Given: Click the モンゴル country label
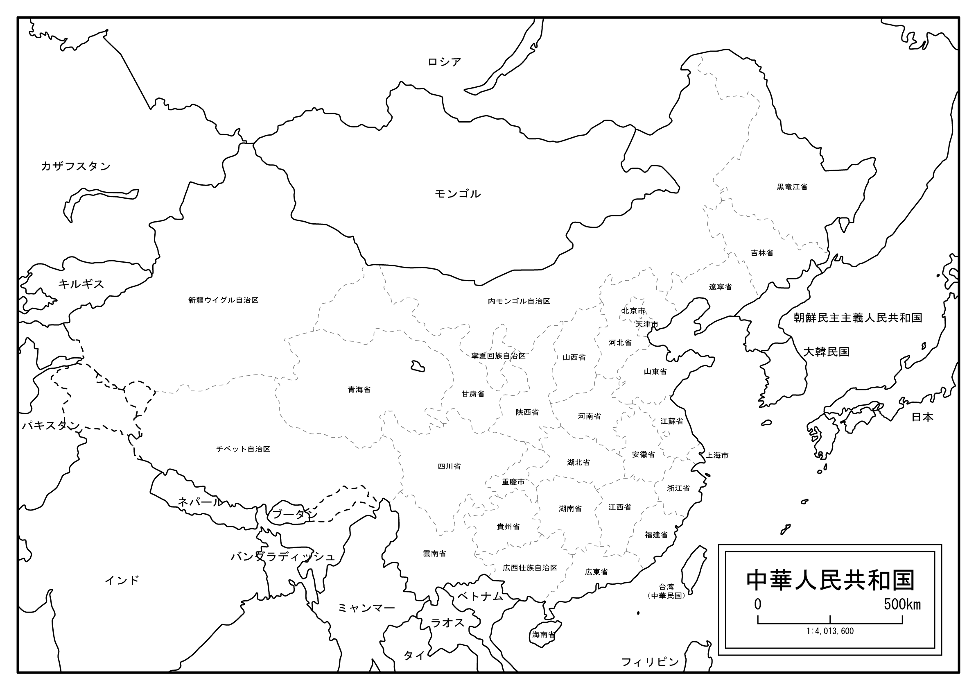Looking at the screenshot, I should coord(457,194).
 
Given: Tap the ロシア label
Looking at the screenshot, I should coord(444,62).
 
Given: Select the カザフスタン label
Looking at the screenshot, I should coord(76,166).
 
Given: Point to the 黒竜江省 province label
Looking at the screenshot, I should coord(792,187).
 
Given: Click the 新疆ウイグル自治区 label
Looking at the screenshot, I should coord(223,300).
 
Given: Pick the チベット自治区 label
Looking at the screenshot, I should coord(243,449).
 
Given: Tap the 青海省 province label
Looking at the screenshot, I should coord(359,390).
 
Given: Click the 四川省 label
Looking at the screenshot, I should coord(450,466).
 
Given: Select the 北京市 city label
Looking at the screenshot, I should coord(633,311).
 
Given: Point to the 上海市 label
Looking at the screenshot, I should coord(718,455).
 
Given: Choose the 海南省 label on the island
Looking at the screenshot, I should coord(544,635).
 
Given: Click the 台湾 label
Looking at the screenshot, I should coord(666,587).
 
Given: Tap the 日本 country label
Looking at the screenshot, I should coord(922,417).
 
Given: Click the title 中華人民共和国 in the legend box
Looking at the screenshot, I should coord(830,581).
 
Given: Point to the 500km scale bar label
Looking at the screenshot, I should coord(902,604).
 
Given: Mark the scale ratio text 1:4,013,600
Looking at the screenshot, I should coord(830,631).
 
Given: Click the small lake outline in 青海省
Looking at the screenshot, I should coord(418,366).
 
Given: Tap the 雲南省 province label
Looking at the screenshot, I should coord(434,554).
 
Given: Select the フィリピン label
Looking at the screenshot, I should coord(650,662).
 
